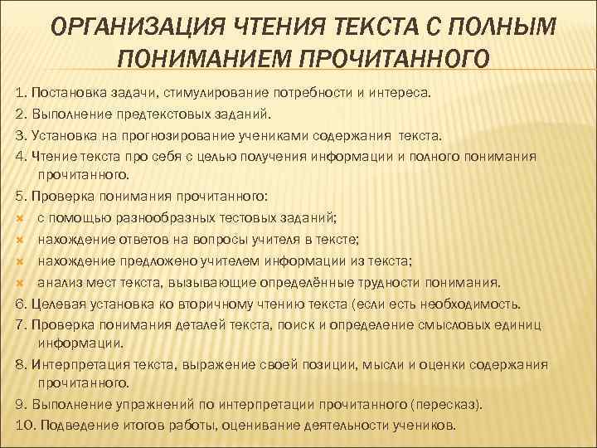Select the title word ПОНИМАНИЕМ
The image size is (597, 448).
tap(201, 59)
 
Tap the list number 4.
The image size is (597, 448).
tap(20, 155)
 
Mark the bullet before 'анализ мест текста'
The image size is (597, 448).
tap(19, 281)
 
